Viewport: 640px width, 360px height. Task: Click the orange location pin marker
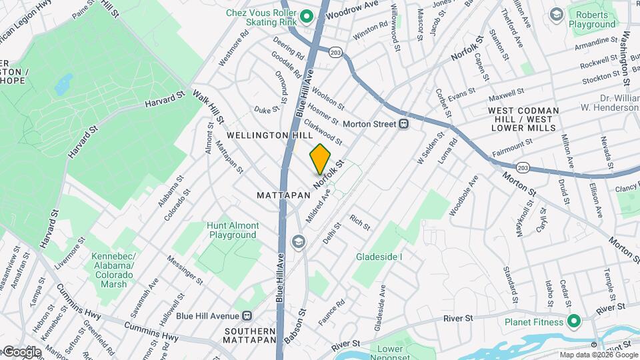320,159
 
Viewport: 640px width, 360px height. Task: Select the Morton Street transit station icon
403,124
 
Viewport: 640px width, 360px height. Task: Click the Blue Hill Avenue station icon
247,315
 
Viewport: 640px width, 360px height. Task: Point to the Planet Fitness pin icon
573,321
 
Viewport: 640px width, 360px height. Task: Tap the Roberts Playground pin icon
556,14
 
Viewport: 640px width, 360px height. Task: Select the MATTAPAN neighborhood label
284,195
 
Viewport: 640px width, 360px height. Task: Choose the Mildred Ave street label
318,206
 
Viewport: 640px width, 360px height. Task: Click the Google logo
21,351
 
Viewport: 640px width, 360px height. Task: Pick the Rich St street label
359,222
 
